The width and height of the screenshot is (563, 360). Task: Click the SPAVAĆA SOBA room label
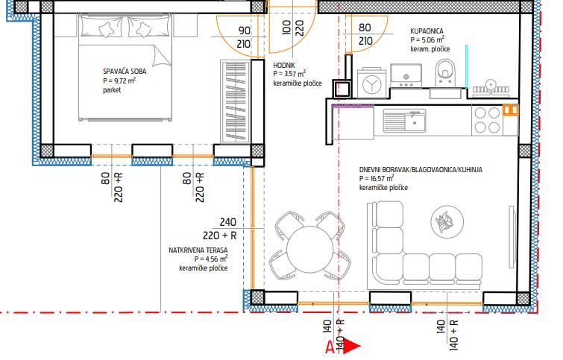(x=125, y=71)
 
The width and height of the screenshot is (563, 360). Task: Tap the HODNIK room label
(x=284, y=66)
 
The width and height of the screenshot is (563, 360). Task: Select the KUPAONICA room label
(x=427, y=31)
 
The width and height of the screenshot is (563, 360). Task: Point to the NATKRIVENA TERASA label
(x=198, y=250)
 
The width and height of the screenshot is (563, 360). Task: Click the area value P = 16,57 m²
(x=377, y=178)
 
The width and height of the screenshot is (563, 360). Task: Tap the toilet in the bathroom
(x=445, y=72)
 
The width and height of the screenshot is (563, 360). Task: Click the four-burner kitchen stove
(x=487, y=120)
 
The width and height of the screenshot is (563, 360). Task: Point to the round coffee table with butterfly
(x=447, y=221)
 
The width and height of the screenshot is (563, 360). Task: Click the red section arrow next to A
(x=353, y=346)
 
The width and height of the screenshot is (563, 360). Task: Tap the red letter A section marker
(x=330, y=347)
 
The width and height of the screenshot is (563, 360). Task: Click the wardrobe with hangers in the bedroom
(x=235, y=101)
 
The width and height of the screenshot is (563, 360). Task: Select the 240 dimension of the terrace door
(x=228, y=222)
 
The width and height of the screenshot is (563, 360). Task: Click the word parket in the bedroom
(x=112, y=89)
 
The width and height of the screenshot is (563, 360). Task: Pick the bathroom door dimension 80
(x=365, y=28)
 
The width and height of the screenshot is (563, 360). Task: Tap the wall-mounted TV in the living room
(x=512, y=237)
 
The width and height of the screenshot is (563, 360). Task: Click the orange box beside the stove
(x=511, y=110)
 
